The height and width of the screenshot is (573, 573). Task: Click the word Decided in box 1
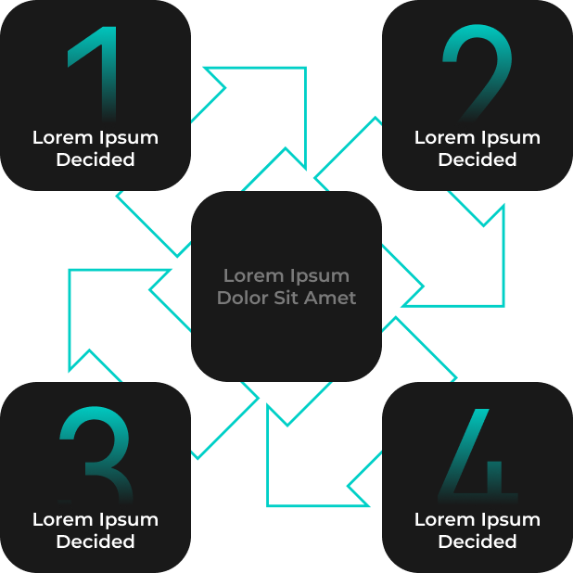[x=95, y=159]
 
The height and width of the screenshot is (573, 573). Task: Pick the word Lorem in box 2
[x=441, y=137]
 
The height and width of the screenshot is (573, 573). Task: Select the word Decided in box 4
[x=477, y=541]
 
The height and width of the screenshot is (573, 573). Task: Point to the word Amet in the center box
[x=333, y=298]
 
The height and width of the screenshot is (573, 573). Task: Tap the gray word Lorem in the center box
[x=250, y=275]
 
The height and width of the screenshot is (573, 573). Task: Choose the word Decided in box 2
[x=477, y=159]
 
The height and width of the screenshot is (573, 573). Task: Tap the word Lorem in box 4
[x=441, y=519]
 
